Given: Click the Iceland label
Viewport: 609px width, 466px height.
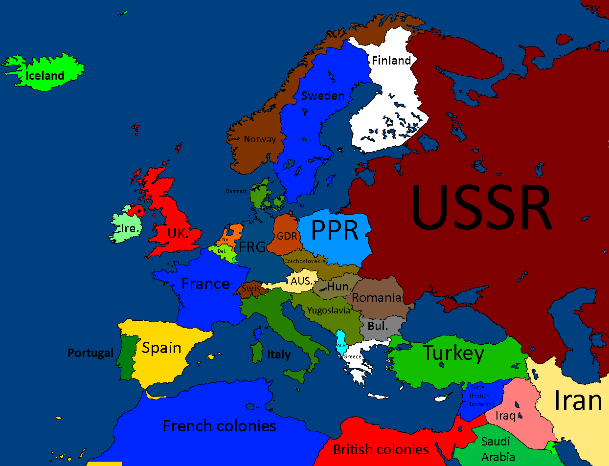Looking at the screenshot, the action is coord(45,76).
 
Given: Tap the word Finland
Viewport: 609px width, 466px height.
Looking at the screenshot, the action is coord(391,61).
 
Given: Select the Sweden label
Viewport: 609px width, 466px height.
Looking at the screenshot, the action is coord(323,96).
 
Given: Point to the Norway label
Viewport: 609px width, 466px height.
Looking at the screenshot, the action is coord(260,139).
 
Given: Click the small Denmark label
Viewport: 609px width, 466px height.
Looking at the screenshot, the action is coord(236,191).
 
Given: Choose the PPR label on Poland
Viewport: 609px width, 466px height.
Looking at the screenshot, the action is coord(335,230).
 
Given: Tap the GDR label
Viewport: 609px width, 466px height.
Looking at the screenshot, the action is coord(287,236).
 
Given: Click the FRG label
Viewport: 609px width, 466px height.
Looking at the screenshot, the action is coord(252,247).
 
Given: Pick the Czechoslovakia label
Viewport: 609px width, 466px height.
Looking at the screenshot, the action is coord(305,261).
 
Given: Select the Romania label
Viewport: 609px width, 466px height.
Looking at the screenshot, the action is coord(377,298).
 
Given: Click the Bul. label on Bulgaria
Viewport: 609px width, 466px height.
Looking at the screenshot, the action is coord(378,326).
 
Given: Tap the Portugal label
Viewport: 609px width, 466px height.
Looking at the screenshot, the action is coord(90,353).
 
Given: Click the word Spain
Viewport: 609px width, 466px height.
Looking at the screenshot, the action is coord(161,348).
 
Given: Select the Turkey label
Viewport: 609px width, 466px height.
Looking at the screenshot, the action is coord(453,353).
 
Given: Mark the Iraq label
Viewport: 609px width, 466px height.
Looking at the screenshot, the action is coord(506,416).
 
